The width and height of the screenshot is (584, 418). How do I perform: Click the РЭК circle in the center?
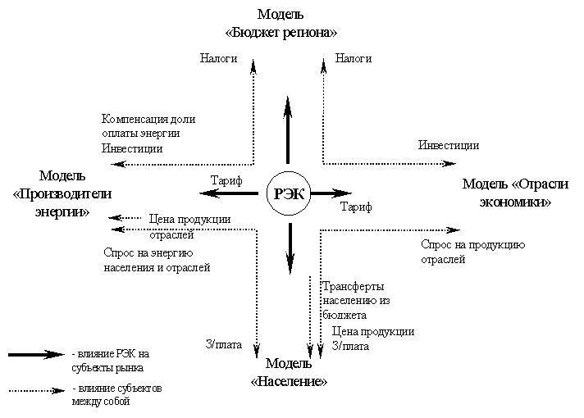coord(289,193)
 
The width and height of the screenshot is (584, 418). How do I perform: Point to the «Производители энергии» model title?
coord(62,193)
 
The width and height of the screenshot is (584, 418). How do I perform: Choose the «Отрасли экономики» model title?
coord(515,193)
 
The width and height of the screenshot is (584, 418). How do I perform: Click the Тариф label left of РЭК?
coord(226,180)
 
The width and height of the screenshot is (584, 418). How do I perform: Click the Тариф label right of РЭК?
coord(356,207)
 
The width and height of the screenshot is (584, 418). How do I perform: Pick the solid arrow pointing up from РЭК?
coord(288,129)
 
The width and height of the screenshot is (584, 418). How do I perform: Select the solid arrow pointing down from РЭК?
coord(290,248)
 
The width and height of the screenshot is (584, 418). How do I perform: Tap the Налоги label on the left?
coord(219,58)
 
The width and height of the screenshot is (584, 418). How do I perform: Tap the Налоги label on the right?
coord(354,58)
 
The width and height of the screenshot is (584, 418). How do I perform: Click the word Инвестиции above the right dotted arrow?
coord(449,145)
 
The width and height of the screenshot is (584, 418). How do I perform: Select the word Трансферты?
coord(353,286)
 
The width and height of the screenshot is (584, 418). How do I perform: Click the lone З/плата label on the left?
coord(223,344)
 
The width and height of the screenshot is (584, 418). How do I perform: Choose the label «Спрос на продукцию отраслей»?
coord(473,252)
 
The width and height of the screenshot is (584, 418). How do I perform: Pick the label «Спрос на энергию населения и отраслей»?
coord(157,260)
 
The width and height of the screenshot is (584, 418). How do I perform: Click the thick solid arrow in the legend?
coord(36,355)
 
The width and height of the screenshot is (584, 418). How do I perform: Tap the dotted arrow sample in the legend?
coord(37,391)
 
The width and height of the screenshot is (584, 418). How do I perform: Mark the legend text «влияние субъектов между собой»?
coord(117,394)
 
